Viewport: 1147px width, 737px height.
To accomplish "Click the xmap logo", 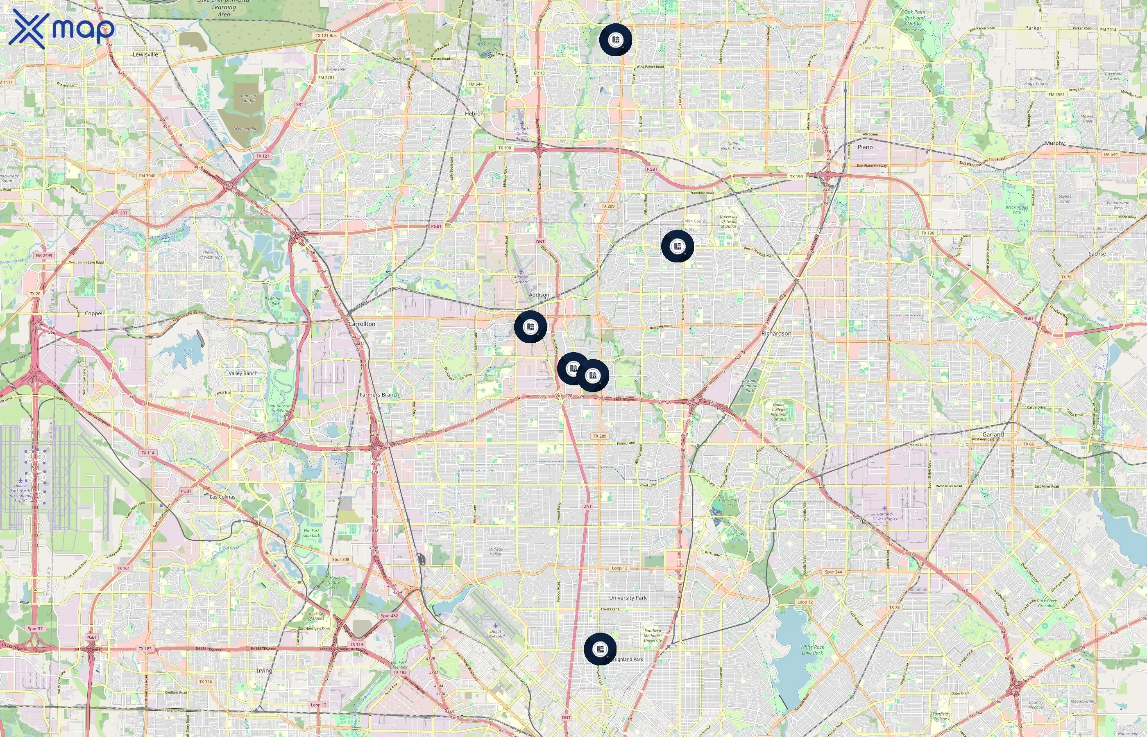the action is (x=61, y=29).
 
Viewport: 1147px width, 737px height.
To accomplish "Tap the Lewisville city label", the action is (x=145, y=54).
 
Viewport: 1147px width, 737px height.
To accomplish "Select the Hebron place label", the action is (x=474, y=114).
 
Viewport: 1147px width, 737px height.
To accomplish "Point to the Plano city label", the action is (x=865, y=147).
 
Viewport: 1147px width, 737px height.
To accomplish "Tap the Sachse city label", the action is (x=1097, y=253).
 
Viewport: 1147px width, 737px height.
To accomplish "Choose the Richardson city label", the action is (x=776, y=334).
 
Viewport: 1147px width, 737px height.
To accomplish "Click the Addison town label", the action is (x=539, y=295).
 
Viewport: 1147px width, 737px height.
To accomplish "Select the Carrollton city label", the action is (x=362, y=324).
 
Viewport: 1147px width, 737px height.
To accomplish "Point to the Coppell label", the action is (x=94, y=314).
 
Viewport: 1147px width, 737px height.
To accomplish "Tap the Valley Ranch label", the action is (x=243, y=373).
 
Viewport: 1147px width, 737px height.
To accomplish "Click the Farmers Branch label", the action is (x=379, y=395).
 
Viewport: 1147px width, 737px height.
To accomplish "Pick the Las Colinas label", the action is (x=222, y=497).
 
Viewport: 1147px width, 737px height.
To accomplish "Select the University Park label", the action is (x=628, y=598).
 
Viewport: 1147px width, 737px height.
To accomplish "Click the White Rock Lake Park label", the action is (x=812, y=650).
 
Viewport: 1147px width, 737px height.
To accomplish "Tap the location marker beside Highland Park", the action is (x=600, y=649).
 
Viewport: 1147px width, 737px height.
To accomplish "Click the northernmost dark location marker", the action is (x=616, y=40).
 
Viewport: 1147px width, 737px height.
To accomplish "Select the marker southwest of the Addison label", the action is (x=530, y=327).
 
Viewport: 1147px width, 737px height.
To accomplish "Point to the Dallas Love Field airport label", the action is (x=496, y=634).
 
